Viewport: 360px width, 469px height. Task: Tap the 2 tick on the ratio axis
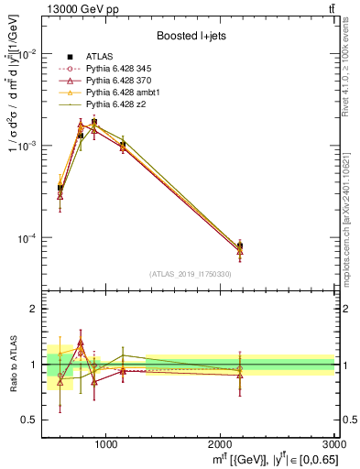coord(34,310)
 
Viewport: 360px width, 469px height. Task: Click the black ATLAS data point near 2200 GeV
coord(240,245)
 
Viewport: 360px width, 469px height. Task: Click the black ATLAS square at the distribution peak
coord(93,122)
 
